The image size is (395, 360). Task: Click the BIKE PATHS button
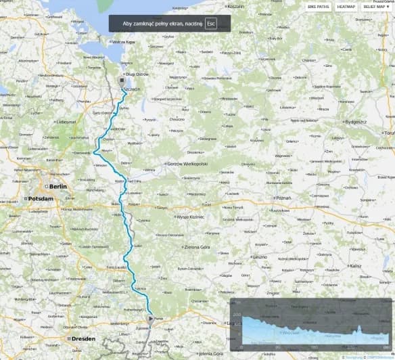[x=319, y=7]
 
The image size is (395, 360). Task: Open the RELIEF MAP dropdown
[x=376, y=7]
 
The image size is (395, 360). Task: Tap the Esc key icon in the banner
[x=210, y=23]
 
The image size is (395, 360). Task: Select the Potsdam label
[x=39, y=199]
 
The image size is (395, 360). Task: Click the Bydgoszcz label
[x=354, y=121]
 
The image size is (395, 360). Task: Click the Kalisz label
[x=356, y=266]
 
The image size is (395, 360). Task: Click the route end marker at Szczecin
[x=122, y=80]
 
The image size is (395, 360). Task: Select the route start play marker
[x=150, y=317]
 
